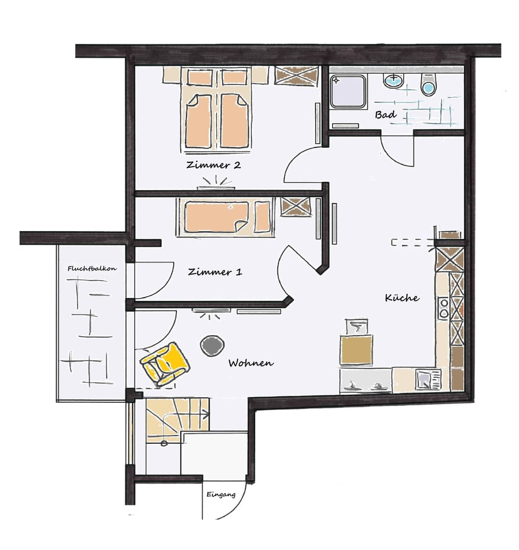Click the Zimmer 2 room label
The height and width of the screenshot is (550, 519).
pos(213,165)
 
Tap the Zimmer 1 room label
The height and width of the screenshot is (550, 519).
pos(215,272)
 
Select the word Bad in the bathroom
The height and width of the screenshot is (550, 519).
pos(386,115)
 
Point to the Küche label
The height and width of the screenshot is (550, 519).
pos(402,298)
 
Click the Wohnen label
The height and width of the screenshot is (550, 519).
pos(251,363)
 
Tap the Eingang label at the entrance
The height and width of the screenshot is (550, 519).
pos(221,494)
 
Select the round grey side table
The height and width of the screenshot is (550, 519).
pos(212,345)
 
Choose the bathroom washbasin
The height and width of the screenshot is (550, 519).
pos(393,81)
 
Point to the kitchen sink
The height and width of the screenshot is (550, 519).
pos(427,379)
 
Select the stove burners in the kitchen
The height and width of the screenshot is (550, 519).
pos(443,308)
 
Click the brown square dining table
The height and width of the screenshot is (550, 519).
pos(356,349)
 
